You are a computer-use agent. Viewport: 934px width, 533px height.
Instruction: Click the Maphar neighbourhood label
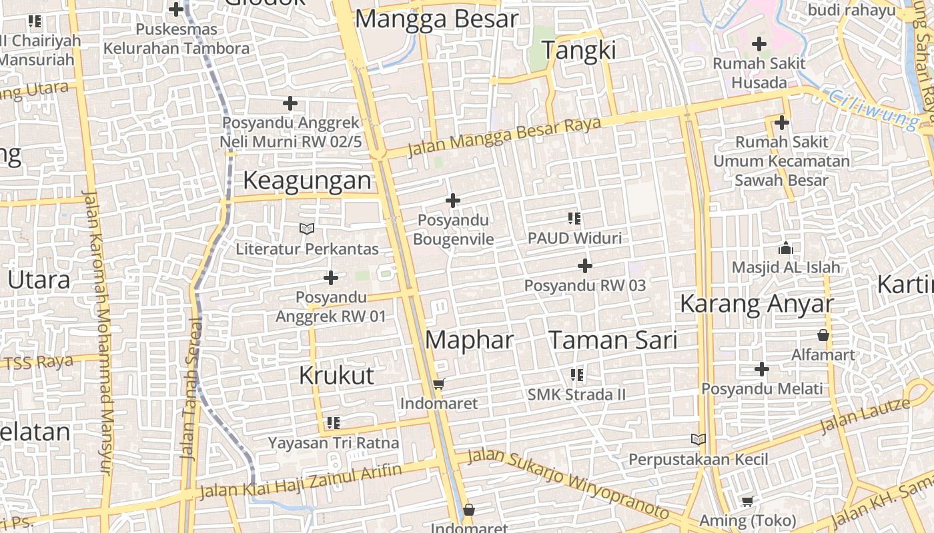click(x=469, y=340)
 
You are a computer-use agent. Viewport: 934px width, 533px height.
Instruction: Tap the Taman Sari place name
click(x=612, y=340)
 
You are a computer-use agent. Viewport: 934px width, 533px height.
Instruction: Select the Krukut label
click(x=336, y=376)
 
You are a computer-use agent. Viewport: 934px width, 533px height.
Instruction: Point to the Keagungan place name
click(x=307, y=181)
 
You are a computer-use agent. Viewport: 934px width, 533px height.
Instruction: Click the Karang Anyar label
click(x=757, y=304)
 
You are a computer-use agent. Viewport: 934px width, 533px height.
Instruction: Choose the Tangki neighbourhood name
click(x=578, y=51)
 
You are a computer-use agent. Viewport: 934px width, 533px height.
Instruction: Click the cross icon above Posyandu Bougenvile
click(x=453, y=200)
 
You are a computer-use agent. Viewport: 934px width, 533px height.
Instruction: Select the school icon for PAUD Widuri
click(x=574, y=218)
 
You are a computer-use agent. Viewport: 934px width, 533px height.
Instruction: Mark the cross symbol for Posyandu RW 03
click(x=585, y=266)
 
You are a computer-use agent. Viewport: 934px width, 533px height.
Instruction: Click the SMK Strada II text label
click(x=576, y=394)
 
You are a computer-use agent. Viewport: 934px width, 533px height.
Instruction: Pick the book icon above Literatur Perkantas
click(x=307, y=229)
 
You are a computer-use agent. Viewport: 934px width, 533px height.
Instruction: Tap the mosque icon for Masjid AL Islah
click(x=786, y=248)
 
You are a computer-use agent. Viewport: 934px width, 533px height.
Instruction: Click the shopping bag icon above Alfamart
click(x=823, y=335)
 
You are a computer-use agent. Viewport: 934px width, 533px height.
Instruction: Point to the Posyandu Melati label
click(x=762, y=388)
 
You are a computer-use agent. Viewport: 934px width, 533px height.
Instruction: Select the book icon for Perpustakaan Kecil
click(x=698, y=440)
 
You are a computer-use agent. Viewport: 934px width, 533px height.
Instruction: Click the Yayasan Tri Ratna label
click(x=334, y=442)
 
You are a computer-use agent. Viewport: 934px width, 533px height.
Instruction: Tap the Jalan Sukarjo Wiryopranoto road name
click(x=567, y=483)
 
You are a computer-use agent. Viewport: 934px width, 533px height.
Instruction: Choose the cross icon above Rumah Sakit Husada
click(x=759, y=45)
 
